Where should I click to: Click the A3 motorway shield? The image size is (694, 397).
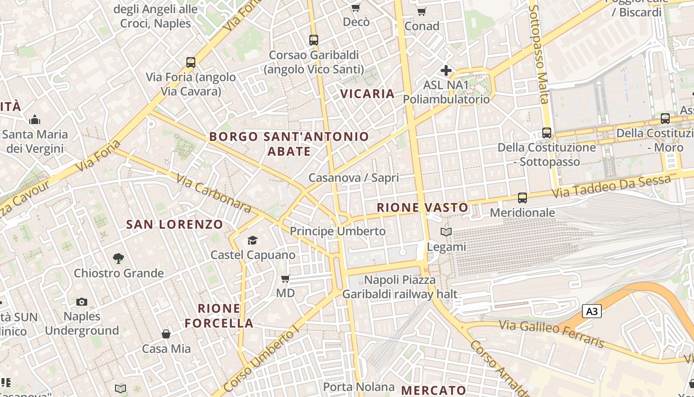point(591,312)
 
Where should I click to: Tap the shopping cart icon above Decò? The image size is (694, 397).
point(355,7)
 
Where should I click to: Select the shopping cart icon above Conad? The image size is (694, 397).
point(421,11)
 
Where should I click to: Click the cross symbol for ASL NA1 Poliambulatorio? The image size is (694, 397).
point(446,70)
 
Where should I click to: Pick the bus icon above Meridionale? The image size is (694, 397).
point(522,198)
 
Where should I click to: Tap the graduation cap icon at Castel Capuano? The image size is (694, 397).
point(253,241)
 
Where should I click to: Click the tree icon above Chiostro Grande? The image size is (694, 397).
point(118,259)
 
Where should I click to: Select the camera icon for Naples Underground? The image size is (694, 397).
point(82,302)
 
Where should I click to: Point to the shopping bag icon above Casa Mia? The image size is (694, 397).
point(166,334)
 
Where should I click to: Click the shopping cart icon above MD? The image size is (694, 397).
point(285,279)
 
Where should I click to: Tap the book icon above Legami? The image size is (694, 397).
point(446,232)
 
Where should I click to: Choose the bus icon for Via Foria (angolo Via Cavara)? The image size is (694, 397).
point(191,63)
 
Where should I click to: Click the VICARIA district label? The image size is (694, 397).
point(367,94)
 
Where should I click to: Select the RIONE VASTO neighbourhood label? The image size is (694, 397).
point(422,207)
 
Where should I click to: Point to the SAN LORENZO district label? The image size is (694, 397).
point(174,224)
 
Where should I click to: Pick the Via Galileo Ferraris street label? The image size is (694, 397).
point(552,334)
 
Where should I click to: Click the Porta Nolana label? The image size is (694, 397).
point(359,387)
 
